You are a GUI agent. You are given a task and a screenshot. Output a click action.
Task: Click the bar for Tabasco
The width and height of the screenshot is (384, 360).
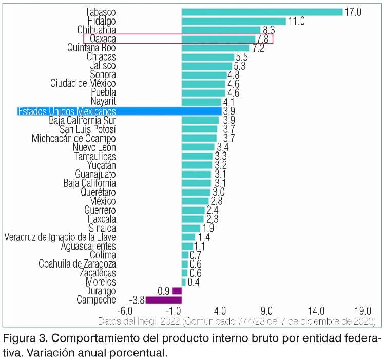262,12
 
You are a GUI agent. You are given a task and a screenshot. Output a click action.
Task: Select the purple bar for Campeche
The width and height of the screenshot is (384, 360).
164,300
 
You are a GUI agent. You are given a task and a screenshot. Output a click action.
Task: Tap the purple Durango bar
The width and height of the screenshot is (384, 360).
177,291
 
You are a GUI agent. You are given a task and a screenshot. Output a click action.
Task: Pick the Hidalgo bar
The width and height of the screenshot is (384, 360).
234,21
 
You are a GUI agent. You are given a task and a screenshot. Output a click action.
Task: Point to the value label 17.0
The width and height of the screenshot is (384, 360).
353,12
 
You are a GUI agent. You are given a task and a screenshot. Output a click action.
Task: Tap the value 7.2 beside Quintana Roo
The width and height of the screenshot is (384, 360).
258,48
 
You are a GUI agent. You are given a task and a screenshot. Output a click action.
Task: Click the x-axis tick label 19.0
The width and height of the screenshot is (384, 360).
363,311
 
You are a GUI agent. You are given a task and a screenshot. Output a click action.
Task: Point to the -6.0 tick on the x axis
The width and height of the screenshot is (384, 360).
125,311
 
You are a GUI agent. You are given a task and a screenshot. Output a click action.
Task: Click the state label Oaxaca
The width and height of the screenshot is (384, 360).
103,39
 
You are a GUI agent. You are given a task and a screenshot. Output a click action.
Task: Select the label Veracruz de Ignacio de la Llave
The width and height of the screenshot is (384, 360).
60,237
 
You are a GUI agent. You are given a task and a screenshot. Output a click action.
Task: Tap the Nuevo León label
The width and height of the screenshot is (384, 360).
94,147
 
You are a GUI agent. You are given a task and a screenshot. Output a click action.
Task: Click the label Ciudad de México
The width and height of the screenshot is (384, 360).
83,84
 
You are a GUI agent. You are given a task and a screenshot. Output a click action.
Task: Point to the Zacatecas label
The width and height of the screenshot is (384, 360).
97,273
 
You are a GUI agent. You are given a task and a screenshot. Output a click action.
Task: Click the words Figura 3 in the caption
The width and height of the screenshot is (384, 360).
23,339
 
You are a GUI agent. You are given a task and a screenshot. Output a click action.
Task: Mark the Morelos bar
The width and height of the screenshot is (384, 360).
183,282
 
